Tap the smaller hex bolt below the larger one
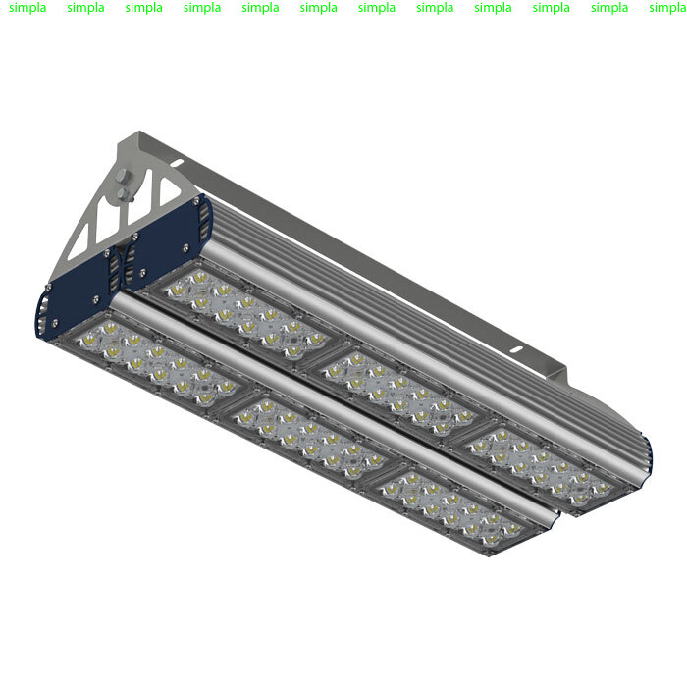click(x=124, y=194)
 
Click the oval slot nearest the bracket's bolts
click(x=177, y=163)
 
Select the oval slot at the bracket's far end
click(x=516, y=349)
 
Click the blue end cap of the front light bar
click(x=76, y=294)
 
